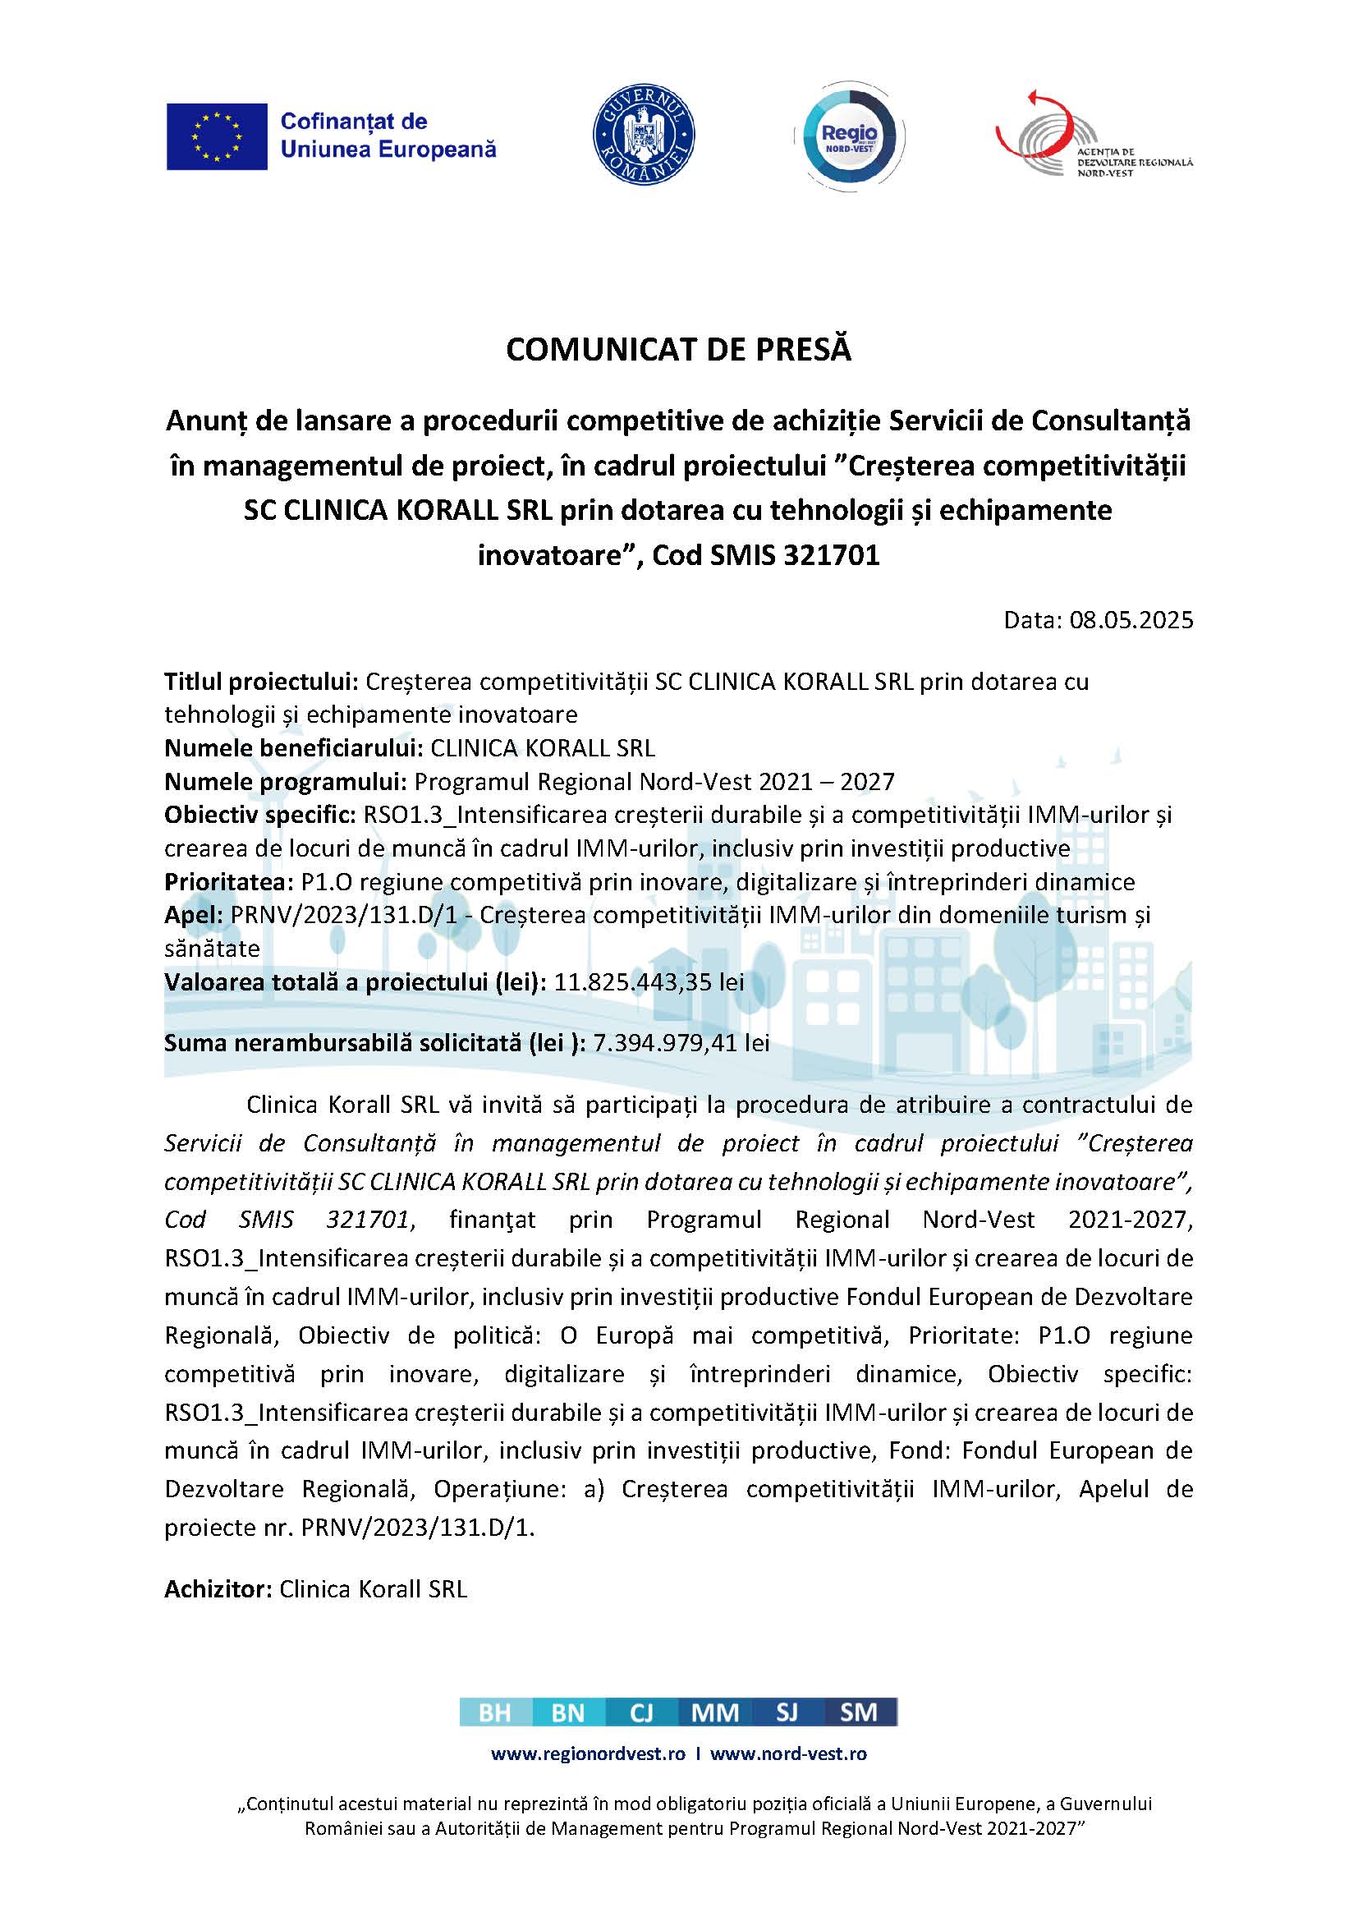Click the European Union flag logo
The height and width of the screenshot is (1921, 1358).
217,136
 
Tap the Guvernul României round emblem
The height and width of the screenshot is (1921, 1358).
643,135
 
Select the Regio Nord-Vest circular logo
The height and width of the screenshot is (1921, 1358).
849,135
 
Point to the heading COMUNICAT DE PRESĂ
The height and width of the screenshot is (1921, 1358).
678,350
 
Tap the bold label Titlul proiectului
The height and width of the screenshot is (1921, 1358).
261,682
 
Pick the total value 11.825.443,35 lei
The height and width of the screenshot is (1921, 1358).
649,982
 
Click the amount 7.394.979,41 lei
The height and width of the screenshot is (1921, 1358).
681,1042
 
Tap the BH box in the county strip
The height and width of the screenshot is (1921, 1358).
495,1712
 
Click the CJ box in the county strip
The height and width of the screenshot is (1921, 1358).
641,1712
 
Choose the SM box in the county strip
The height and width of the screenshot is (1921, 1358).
859,1712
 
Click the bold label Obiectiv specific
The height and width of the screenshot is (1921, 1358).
260,815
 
